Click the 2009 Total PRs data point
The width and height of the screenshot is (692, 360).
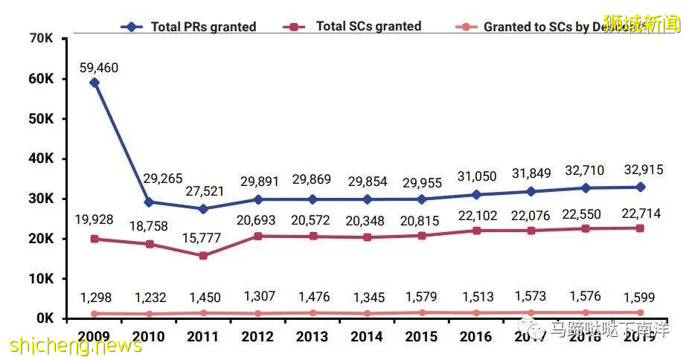point(94,83)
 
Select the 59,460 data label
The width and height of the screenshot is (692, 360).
point(99,68)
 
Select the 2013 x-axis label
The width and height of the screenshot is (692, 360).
point(311,336)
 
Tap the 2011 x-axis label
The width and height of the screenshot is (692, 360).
point(202,336)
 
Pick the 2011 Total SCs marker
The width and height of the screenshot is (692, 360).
point(203,255)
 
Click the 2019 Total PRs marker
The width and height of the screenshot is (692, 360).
point(640,187)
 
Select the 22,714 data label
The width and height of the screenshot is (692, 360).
point(640,214)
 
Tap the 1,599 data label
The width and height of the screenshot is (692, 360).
point(640,298)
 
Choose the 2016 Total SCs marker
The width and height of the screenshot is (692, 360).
point(476,231)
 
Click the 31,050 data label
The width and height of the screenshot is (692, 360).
point(476,176)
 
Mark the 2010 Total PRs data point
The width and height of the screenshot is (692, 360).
point(149,202)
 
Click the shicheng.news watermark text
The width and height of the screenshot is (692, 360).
point(75,346)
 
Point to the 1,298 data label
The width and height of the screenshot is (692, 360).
point(94,298)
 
